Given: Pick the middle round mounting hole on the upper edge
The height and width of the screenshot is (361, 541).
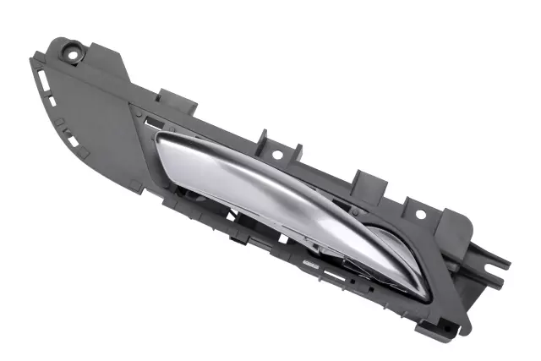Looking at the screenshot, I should point(276,156).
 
